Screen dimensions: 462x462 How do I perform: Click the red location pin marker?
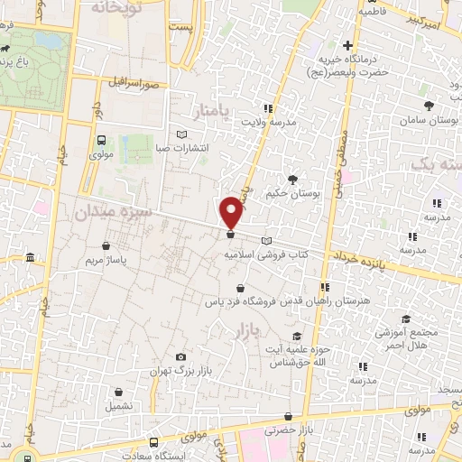[x=232, y=212]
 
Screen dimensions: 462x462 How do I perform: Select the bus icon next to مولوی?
[x=100, y=141]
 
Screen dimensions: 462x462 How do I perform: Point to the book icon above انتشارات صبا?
[x=183, y=134]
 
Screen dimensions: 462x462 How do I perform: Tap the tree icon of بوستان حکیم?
[x=291, y=179]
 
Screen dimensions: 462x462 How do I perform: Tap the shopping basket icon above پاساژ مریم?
[x=107, y=245]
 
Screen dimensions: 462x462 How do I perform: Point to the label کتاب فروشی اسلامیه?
[x=267, y=255]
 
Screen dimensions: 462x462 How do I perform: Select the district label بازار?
[x=245, y=332]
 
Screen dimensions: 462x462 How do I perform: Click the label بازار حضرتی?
[x=287, y=431]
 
